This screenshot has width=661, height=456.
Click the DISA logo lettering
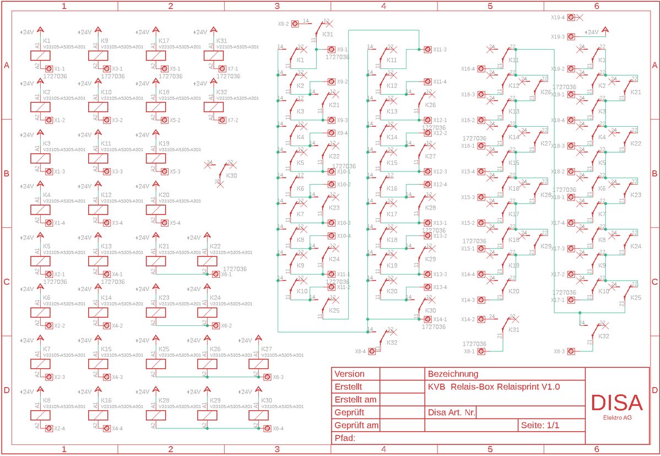click(x=616, y=403)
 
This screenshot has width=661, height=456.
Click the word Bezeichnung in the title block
click(x=453, y=374)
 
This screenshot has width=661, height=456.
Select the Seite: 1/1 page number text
click(x=540, y=425)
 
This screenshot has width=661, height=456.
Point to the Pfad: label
click(x=345, y=438)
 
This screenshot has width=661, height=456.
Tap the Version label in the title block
click(x=349, y=374)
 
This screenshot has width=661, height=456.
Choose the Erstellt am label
click(x=355, y=400)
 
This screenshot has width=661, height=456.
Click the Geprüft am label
click(x=356, y=425)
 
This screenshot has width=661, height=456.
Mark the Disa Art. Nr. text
click(x=451, y=412)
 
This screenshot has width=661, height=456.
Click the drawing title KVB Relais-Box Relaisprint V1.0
click(x=494, y=387)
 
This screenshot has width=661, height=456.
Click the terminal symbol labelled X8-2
click(x=295, y=24)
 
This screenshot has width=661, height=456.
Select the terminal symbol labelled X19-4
click(x=571, y=18)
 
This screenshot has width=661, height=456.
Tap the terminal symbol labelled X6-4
click(x=267, y=428)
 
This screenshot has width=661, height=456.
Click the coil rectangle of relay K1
click(x=40, y=56)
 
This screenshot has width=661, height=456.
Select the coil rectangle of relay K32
click(x=214, y=107)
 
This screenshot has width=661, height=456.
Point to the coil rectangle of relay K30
click(x=258, y=415)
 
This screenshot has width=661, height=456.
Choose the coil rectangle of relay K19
click(x=156, y=158)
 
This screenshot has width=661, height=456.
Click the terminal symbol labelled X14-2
click(x=481, y=319)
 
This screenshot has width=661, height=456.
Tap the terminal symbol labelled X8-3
click(x=571, y=351)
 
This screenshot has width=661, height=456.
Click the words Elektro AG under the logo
click(x=617, y=417)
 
